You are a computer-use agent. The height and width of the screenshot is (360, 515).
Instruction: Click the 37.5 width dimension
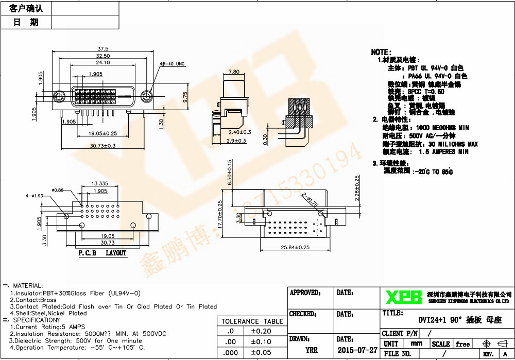(x=102, y=48)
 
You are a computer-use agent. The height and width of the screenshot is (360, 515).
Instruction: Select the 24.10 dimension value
(x=103, y=62)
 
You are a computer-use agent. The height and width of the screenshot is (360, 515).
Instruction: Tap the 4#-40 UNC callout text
(x=172, y=64)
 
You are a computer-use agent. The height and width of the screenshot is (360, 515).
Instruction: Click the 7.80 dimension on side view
(x=233, y=72)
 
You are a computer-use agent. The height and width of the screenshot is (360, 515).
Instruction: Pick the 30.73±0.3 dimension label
(x=102, y=146)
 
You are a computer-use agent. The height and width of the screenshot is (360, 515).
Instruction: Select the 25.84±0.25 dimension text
(x=295, y=247)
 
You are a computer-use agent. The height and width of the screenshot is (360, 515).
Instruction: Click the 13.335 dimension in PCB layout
(x=99, y=183)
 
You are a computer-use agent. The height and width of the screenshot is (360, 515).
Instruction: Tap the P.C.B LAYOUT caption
(x=102, y=253)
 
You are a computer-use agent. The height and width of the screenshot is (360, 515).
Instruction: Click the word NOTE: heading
(x=382, y=52)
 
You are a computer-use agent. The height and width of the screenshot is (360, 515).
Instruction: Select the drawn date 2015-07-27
(x=357, y=350)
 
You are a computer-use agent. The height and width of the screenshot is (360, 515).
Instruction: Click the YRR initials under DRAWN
(x=312, y=350)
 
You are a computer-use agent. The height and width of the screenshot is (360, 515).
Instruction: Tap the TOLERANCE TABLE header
(x=252, y=321)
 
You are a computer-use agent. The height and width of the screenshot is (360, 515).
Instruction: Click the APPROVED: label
(x=305, y=293)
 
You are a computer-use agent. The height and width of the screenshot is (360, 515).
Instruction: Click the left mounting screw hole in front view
(x=60, y=96)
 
